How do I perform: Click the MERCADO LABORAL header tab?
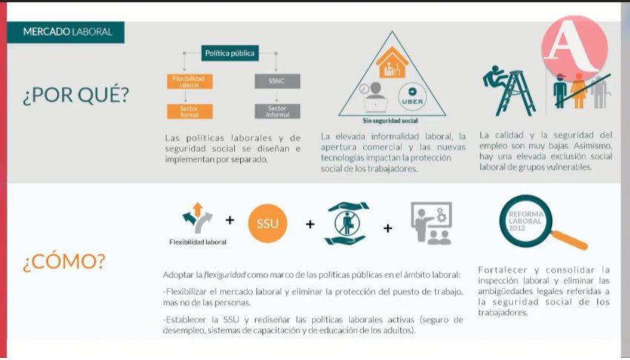[x=67, y=32]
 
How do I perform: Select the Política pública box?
[x=229, y=53]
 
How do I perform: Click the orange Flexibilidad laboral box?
[x=188, y=81]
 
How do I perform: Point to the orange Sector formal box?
[x=188, y=112]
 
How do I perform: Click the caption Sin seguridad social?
[x=391, y=120]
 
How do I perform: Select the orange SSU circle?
[x=268, y=223]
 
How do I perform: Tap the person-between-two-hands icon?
[x=348, y=223]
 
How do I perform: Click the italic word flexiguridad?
[x=224, y=273]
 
